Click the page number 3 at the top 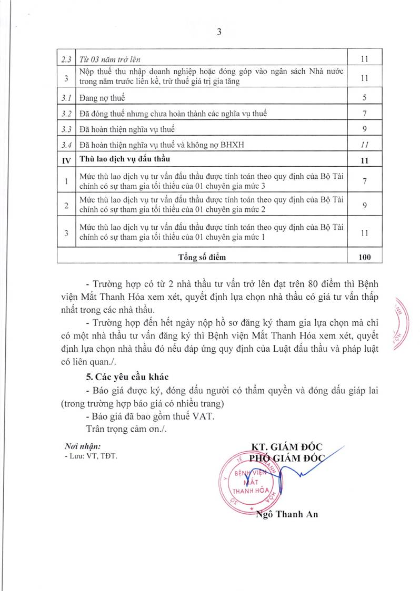(x=219, y=32)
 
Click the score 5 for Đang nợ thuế (x=364, y=98)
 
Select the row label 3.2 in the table (x=66, y=113)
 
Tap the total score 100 (x=364, y=257)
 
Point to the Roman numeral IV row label (x=66, y=160)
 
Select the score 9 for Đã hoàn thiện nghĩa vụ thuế (x=364, y=128)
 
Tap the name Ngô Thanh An (x=286, y=514)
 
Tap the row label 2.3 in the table (x=66, y=59)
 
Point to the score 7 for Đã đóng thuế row (x=364, y=113)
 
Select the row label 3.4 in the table (x=66, y=144)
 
